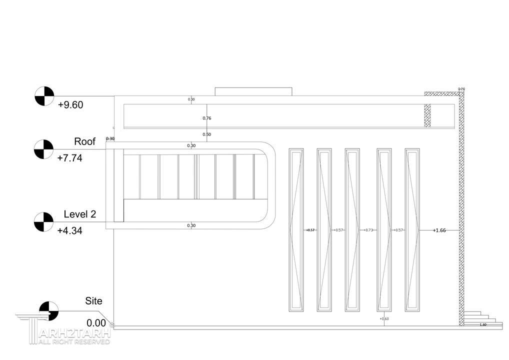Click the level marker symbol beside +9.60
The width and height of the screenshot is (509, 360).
44,96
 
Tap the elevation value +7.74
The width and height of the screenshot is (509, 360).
69,158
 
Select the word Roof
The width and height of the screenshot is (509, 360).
84,141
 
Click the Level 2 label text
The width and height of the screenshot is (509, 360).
79,214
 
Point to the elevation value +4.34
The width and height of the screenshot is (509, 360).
69,231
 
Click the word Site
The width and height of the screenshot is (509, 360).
93,301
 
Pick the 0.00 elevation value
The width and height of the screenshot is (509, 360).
96,323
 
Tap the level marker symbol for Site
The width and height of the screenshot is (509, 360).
49,311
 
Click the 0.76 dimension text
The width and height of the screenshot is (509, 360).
207,118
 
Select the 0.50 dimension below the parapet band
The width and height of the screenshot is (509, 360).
207,134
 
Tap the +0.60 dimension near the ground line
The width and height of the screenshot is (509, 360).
384,319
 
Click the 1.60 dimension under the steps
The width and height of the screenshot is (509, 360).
482,325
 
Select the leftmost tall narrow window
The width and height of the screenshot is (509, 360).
296,230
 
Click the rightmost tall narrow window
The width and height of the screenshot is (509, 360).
412,230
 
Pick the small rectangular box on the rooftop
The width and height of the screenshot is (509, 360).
253,91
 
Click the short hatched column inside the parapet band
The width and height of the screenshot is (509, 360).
427,115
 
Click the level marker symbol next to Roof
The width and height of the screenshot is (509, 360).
43,149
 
